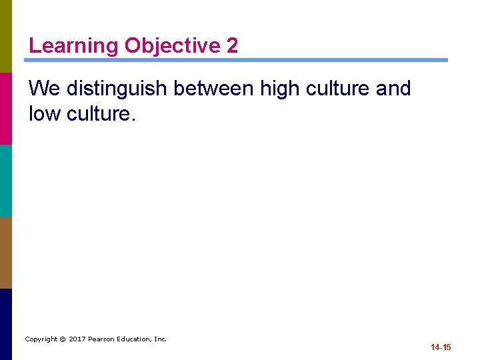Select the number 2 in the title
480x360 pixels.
tap(232, 46)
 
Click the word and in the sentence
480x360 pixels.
tap(394, 88)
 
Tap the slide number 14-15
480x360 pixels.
tap(441, 347)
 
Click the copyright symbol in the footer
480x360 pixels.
tap(62, 339)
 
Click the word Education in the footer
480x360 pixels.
tap(135, 339)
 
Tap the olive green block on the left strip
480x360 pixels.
tap(6, 36)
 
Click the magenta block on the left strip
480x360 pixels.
tap(6, 108)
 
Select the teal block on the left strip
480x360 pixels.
tap(6, 180)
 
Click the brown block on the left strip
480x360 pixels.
tap(6, 252)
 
